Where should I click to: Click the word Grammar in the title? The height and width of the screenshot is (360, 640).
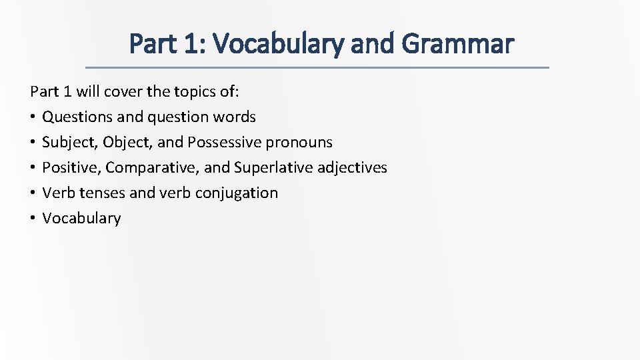pyautogui.click(x=458, y=44)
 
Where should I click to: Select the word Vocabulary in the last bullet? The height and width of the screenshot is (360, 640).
pyautogui.click(x=81, y=218)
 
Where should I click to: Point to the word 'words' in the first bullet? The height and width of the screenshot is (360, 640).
pyautogui.click(x=235, y=117)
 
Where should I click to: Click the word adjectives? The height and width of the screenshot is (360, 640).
pyautogui.click(x=352, y=167)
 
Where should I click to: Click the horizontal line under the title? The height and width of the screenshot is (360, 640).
pyautogui.click(x=319, y=67)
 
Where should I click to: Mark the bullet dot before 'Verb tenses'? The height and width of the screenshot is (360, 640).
pyautogui.click(x=33, y=193)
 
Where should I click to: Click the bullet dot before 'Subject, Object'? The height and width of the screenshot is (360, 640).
pyautogui.click(x=33, y=142)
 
